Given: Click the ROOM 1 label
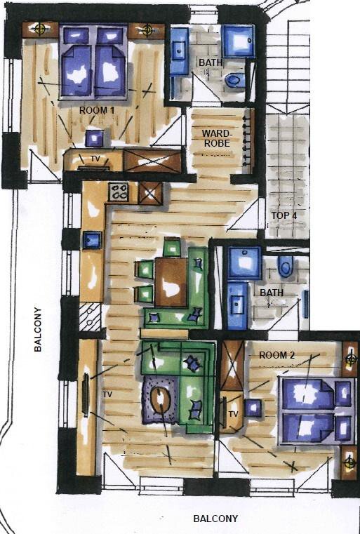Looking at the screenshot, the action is point(97,110).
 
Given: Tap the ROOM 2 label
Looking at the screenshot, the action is point(277,355).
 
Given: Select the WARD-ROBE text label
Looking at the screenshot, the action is point(216,138).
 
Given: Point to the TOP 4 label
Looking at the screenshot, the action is point(284,215).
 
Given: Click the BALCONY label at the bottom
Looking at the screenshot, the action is point(215,519).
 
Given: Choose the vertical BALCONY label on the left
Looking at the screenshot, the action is point(38,329).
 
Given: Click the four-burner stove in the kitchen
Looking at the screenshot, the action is point(119,192).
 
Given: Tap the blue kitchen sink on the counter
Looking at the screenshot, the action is point(93,240).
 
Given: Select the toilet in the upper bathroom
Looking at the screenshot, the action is point(235,81).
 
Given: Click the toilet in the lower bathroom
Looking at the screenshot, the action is point(286,266).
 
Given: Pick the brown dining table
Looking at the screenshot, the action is point(171,282).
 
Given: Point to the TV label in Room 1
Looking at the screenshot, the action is point(95,159).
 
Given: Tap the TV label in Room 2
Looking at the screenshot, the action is point(233,414).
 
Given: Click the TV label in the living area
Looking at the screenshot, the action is point(107,394).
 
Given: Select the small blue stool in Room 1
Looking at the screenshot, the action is point(94,138).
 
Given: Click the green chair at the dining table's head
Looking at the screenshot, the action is point(172,247).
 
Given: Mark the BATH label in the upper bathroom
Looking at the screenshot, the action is point(211,62).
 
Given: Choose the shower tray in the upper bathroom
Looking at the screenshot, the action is point(238,41).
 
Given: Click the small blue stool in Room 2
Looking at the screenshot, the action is point(253,408).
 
